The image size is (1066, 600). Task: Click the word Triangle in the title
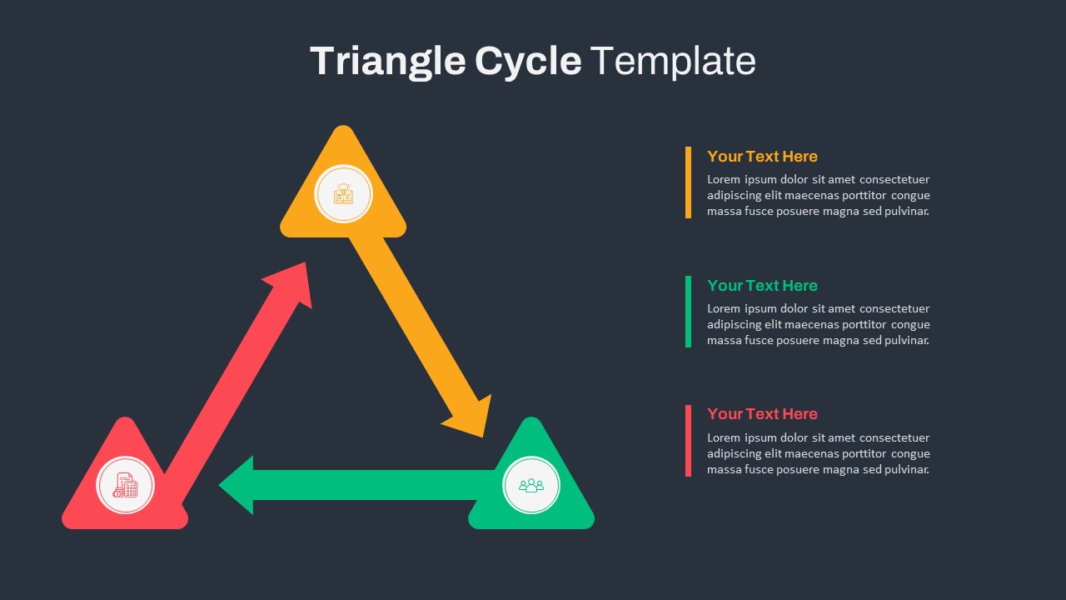[388, 62]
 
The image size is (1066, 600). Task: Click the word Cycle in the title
[528, 62]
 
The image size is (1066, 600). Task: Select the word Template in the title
[673, 61]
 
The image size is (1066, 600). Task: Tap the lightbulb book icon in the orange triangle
[343, 194]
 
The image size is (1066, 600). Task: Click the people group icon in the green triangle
[531, 485]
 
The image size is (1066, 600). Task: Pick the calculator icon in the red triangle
[125, 485]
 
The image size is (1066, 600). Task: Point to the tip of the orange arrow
[483, 437]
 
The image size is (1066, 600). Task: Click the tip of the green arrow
[219, 485]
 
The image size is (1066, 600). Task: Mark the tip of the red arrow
[305, 262]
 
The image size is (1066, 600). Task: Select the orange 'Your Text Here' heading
[762, 156]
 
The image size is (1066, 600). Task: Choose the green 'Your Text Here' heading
[762, 285]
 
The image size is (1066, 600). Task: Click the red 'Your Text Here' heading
[762, 414]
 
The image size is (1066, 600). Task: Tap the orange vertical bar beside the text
[688, 182]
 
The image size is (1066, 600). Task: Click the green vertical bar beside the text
[688, 312]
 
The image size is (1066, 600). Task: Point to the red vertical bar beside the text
[688, 441]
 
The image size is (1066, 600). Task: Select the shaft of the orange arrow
[413, 328]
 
